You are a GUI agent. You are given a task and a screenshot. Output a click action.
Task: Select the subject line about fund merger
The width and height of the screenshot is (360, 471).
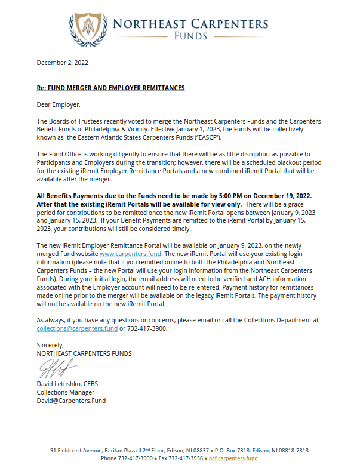tap(110, 88)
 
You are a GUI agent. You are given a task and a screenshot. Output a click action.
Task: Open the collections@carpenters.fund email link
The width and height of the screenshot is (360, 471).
tap(77, 328)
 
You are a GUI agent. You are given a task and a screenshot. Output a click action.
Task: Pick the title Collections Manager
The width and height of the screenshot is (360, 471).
tap(65, 392)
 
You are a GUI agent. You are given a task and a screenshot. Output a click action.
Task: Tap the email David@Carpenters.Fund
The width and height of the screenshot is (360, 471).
tap(71, 401)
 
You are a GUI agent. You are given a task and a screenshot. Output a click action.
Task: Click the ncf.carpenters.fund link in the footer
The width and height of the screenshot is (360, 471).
tap(233, 458)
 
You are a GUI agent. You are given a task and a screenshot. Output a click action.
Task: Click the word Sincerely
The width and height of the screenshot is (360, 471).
tap(50, 345)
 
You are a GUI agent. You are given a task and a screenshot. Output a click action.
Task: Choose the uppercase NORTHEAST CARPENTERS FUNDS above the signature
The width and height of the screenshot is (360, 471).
tap(84, 353)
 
